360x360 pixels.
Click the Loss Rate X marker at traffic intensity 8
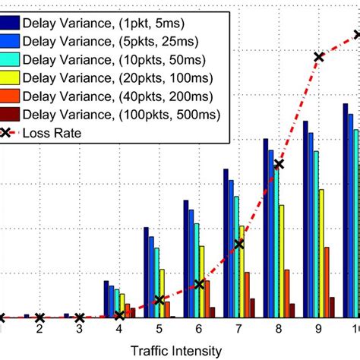[279, 164]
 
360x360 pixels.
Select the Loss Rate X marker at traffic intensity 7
[239, 244]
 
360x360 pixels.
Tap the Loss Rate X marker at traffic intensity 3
[80, 317]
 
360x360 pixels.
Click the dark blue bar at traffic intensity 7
[226, 243]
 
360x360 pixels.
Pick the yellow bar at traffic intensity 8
[282, 262]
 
